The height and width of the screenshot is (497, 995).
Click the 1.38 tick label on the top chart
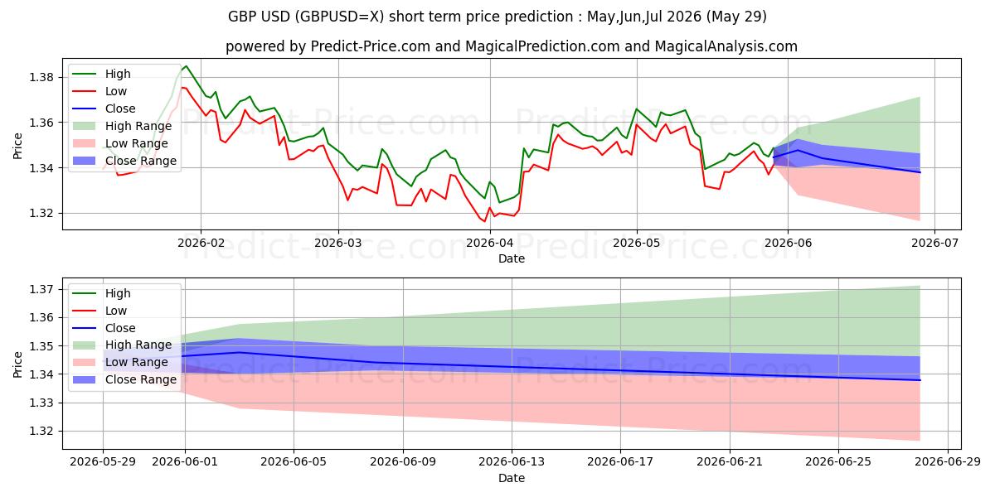click(41, 78)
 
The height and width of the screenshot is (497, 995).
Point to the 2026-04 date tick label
click(490, 244)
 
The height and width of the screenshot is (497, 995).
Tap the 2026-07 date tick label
click(934, 244)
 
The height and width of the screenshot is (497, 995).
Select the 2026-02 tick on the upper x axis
click(201, 244)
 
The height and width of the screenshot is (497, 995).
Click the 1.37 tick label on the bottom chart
click(41, 289)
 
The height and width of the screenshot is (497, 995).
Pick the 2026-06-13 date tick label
click(512, 462)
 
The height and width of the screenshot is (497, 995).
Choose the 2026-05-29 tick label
click(103, 462)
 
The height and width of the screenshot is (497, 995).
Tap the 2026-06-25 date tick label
click(838, 462)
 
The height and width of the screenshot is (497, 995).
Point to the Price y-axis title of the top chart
click(17, 146)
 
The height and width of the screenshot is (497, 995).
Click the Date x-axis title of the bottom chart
click(512, 478)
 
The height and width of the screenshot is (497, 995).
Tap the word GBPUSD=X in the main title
click(341, 17)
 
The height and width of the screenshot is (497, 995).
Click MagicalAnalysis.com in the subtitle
click(726, 46)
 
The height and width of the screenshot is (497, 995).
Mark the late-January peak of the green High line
click(186, 66)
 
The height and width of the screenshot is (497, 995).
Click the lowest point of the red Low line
click(484, 221)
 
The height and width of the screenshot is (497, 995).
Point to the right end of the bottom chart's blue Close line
click(920, 380)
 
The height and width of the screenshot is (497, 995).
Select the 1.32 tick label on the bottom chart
click(41, 432)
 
